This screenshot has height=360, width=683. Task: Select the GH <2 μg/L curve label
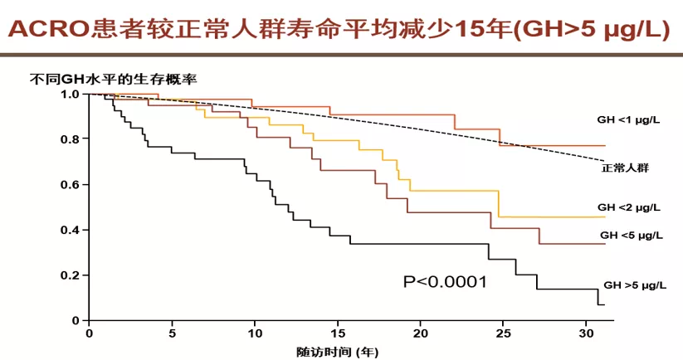[x=629, y=207]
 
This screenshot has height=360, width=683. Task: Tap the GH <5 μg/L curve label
[x=631, y=236]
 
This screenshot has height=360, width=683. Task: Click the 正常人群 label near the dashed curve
[x=625, y=168]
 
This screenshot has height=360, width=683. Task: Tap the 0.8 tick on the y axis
[x=71, y=139]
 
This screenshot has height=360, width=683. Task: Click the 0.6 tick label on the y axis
[x=71, y=184]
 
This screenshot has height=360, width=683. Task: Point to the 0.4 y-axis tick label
[x=71, y=230]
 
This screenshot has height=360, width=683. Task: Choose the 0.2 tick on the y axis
[x=71, y=275]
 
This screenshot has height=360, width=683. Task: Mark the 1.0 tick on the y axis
[x=71, y=94]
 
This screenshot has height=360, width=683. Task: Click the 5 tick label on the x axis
[x=172, y=333]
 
